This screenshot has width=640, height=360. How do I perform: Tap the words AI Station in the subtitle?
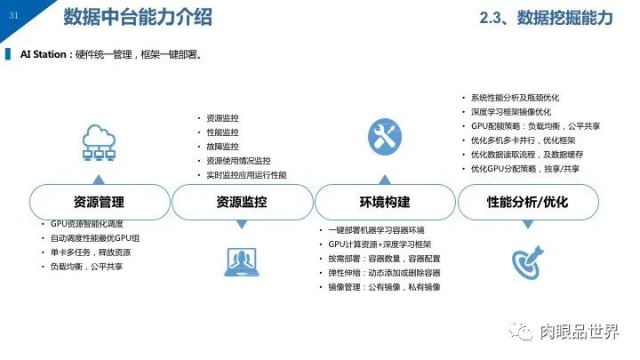coord(44,54)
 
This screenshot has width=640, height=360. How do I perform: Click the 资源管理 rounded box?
coord(99,203)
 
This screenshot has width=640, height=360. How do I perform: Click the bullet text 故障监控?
coord(222,147)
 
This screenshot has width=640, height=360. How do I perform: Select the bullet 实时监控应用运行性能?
coord(246,175)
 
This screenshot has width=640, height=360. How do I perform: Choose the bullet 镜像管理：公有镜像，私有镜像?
coord(384,287)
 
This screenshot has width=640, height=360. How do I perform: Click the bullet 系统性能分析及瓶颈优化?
coord(515,97)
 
